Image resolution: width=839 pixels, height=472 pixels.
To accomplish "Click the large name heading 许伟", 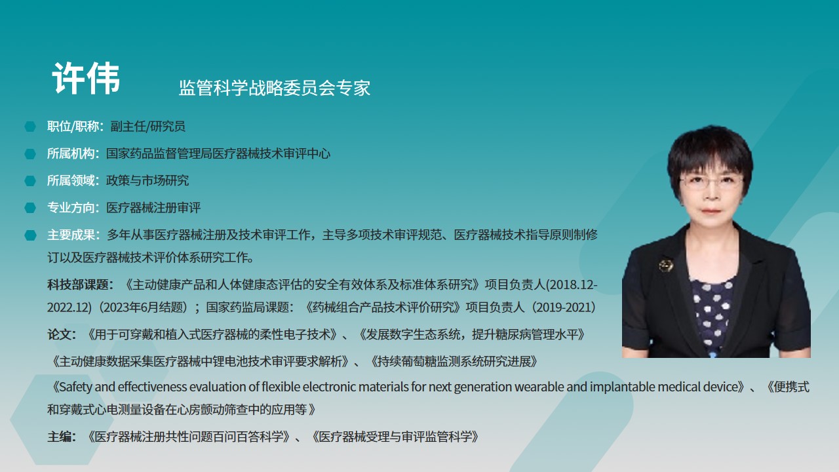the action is pyautogui.click(x=86, y=78).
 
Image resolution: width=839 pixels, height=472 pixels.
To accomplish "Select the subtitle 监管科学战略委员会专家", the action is pyautogui.click(x=275, y=88).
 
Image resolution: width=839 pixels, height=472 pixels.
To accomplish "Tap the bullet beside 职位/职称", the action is pyautogui.click(x=30, y=127).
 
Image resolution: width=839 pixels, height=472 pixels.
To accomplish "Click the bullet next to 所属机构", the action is pyautogui.click(x=30, y=153).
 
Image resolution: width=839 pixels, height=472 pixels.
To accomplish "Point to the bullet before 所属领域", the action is pyautogui.click(x=30, y=180).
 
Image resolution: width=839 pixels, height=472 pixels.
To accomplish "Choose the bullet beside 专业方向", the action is pyautogui.click(x=30, y=208).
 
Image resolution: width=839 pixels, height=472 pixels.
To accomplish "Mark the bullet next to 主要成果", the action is pyautogui.click(x=30, y=235).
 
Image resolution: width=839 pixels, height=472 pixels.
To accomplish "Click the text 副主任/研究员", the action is pyautogui.click(x=147, y=127).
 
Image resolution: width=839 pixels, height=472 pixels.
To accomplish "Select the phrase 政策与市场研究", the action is pyautogui.click(x=147, y=180).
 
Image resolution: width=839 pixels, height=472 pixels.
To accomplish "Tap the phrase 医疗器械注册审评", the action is pyautogui.click(x=153, y=208).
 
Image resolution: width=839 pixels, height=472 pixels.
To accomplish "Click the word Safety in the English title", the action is pyautogui.click(x=75, y=387).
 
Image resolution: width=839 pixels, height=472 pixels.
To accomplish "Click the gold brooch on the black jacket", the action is pyautogui.click(x=666, y=265).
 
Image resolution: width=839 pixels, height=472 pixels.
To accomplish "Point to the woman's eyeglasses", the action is pyautogui.click(x=711, y=182).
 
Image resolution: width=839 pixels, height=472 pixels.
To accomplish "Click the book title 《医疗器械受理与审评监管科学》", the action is pyautogui.click(x=395, y=437).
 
